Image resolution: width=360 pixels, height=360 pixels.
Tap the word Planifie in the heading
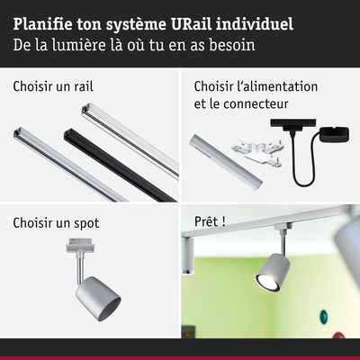point(42,24)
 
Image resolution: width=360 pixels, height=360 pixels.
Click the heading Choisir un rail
point(53,86)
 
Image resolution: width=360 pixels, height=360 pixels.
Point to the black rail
point(120,165)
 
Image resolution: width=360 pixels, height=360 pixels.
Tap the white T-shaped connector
point(256,152)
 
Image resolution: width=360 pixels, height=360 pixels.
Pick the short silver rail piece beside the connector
point(226,162)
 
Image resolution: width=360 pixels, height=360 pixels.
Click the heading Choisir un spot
point(56,223)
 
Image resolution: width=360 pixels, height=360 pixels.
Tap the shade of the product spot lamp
point(98,299)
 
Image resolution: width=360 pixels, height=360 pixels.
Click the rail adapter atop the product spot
point(80,245)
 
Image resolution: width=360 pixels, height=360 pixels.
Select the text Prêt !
point(210,221)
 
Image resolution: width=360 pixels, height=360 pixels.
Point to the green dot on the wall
point(324,316)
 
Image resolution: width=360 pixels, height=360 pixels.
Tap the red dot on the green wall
point(338,335)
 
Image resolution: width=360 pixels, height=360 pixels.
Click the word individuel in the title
point(254,24)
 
